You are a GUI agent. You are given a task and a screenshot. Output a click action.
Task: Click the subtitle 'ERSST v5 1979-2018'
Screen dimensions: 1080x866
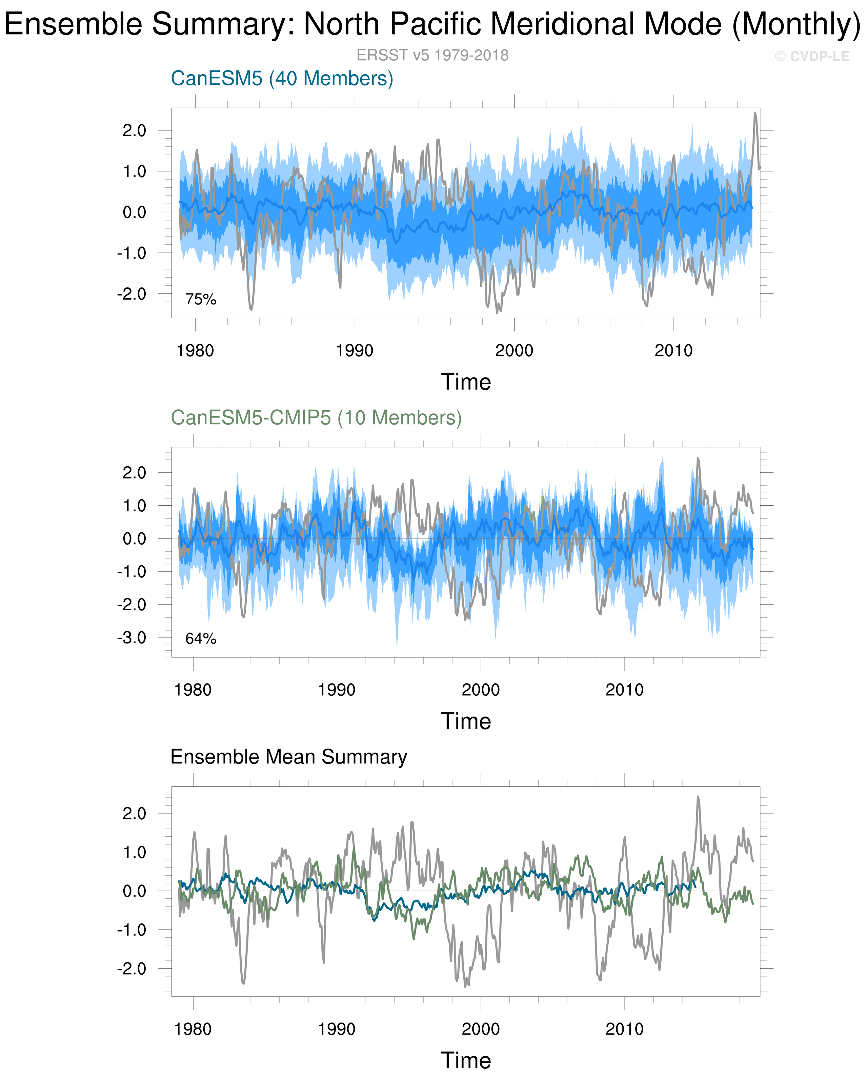(x=432, y=55)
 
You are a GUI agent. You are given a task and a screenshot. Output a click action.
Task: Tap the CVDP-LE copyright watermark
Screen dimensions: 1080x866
(x=812, y=57)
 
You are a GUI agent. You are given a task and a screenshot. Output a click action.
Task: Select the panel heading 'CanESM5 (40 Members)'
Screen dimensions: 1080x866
(x=282, y=79)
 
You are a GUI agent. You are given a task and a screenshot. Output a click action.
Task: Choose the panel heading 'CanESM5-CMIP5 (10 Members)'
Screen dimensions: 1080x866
(x=316, y=418)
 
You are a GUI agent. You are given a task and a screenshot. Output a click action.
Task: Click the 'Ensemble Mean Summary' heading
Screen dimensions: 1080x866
(x=289, y=757)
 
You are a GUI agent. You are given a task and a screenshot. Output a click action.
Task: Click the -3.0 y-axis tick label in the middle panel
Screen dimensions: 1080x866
(x=132, y=638)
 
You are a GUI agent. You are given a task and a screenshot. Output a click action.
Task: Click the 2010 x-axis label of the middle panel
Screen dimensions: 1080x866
(x=624, y=690)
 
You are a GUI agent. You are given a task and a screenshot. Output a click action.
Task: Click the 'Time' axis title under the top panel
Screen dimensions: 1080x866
(x=466, y=382)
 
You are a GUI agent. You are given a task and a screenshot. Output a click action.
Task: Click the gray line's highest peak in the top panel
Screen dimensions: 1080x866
(x=755, y=113)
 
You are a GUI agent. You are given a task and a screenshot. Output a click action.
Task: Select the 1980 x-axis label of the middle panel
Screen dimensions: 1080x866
(x=193, y=690)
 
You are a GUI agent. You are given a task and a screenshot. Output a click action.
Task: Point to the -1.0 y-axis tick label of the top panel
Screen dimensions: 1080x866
(x=132, y=253)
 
